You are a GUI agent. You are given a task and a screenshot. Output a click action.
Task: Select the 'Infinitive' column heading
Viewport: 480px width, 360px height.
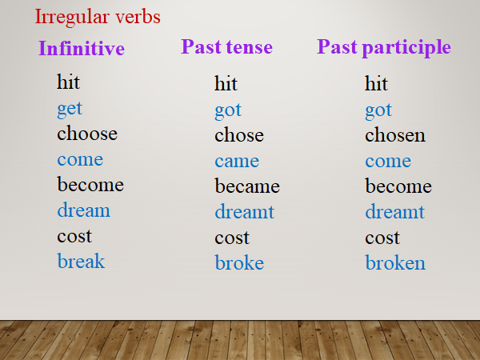pos(82,49)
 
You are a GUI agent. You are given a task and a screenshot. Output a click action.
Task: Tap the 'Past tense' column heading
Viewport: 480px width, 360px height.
pos(226,47)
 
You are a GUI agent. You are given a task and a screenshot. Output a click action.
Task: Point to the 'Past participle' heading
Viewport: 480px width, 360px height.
pos(384,47)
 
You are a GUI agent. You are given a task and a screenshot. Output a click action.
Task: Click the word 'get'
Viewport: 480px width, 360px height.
pos(70,109)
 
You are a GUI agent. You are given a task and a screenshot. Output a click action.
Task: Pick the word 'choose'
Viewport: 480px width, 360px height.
pos(87,134)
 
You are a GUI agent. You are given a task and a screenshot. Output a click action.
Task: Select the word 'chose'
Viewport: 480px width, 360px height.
pos(238,135)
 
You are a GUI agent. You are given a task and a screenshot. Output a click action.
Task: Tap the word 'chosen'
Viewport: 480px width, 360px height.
pos(395,135)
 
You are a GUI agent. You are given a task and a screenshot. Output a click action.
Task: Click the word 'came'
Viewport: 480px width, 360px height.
pos(237,161)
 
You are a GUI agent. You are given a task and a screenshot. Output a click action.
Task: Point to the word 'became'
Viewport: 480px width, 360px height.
pos(247,186)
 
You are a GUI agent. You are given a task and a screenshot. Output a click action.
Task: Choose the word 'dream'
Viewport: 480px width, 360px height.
pos(83,210)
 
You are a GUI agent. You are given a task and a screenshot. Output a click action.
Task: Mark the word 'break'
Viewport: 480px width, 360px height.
pos(81,262)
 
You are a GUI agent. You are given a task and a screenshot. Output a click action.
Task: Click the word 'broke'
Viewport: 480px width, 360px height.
pos(239,263)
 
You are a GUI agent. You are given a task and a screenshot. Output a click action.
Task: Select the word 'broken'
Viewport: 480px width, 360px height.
pos(395,263)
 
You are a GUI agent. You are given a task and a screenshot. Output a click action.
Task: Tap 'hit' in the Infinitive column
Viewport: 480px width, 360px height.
pos(69,82)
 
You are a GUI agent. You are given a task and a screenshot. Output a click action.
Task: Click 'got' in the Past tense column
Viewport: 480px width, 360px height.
pos(228,110)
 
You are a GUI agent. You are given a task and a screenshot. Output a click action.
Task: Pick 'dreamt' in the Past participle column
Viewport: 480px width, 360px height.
pos(395,212)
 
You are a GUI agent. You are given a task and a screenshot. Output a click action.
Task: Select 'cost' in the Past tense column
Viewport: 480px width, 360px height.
pos(232,238)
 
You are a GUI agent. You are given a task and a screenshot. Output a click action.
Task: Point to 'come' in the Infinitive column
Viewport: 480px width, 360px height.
pos(80,159)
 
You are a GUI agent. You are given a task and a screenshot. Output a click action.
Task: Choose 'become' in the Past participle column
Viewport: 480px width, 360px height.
pos(398,186)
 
